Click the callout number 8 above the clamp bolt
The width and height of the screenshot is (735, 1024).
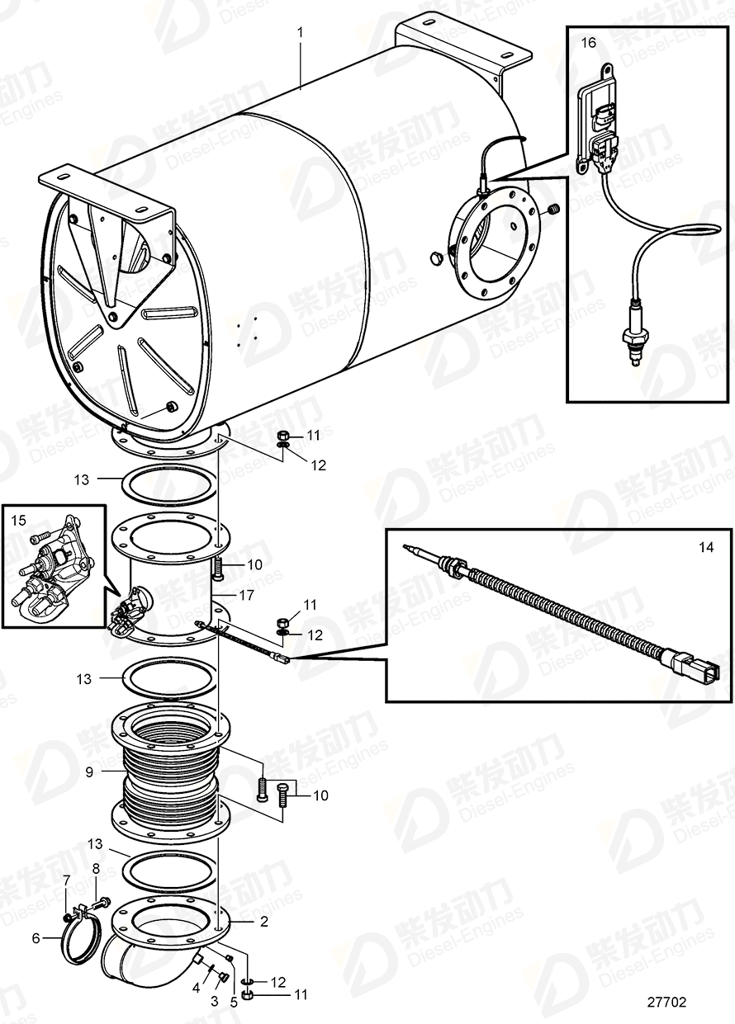(x=96, y=868)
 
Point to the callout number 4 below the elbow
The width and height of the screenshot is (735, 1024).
(x=195, y=987)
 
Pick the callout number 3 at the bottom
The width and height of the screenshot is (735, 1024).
(x=216, y=999)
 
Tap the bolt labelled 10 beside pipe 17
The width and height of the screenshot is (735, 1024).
(x=219, y=568)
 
